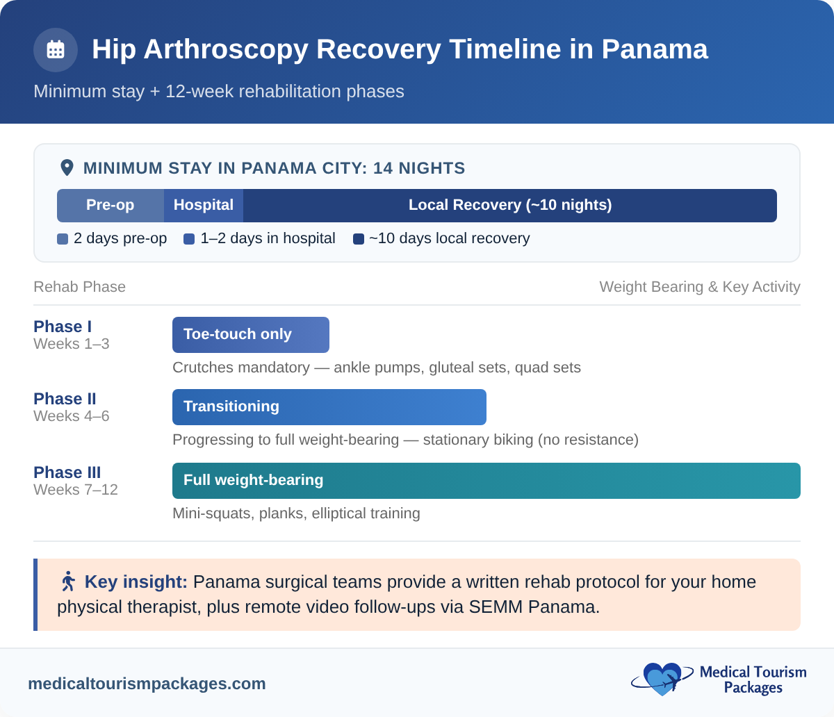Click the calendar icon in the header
[x=56, y=50]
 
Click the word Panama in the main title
[x=655, y=49]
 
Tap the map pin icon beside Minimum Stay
[x=67, y=167]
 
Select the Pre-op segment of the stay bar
[x=110, y=206]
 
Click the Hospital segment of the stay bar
[x=204, y=206]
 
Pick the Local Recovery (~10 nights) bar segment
[x=509, y=206]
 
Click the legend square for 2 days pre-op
[x=63, y=239]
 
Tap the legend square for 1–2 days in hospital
[x=189, y=239]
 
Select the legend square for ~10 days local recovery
[x=359, y=239]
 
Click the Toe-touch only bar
[x=250, y=335]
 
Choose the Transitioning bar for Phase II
[x=329, y=407]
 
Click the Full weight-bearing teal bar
[x=486, y=481]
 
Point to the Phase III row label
[x=67, y=472]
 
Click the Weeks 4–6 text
[x=71, y=416]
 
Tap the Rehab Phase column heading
[x=79, y=287]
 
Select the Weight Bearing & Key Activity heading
[x=699, y=287]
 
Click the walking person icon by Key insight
[x=68, y=581]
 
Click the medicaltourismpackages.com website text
[x=147, y=684]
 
